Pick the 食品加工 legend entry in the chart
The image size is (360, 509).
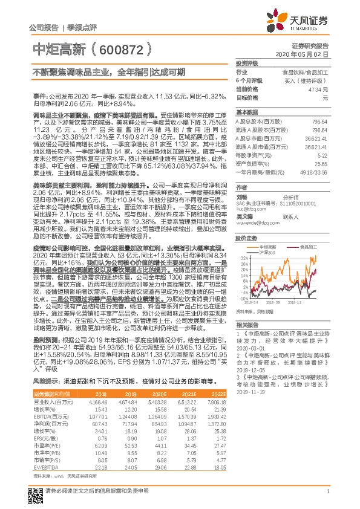click(x=310, y=247)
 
